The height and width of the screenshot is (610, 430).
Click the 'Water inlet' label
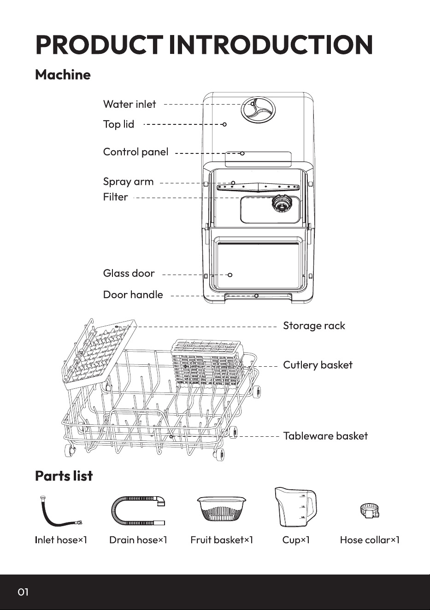click(130, 104)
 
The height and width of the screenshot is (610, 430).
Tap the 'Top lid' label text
click(118, 124)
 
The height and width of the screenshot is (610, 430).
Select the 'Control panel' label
click(135, 152)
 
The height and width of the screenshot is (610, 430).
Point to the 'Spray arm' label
click(128, 182)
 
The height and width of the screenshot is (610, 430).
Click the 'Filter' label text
click(115, 197)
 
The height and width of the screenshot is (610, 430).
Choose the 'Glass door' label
click(129, 273)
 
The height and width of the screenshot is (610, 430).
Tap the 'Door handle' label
click(133, 295)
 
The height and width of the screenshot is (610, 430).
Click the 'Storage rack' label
click(314, 326)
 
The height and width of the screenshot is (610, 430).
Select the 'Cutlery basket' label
click(318, 365)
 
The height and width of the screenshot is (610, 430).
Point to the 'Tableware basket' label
click(325, 436)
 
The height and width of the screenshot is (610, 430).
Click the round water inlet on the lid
click(258, 110)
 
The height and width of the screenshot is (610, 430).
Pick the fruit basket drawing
click(222, 509)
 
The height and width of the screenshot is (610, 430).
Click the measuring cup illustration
click(295, 507)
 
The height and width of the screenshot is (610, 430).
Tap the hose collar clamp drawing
click(370, 510)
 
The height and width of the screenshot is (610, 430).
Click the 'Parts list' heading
click(64, 476)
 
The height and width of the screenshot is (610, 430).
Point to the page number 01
click(23, 592)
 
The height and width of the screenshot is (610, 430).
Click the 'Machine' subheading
click(63, 75)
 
